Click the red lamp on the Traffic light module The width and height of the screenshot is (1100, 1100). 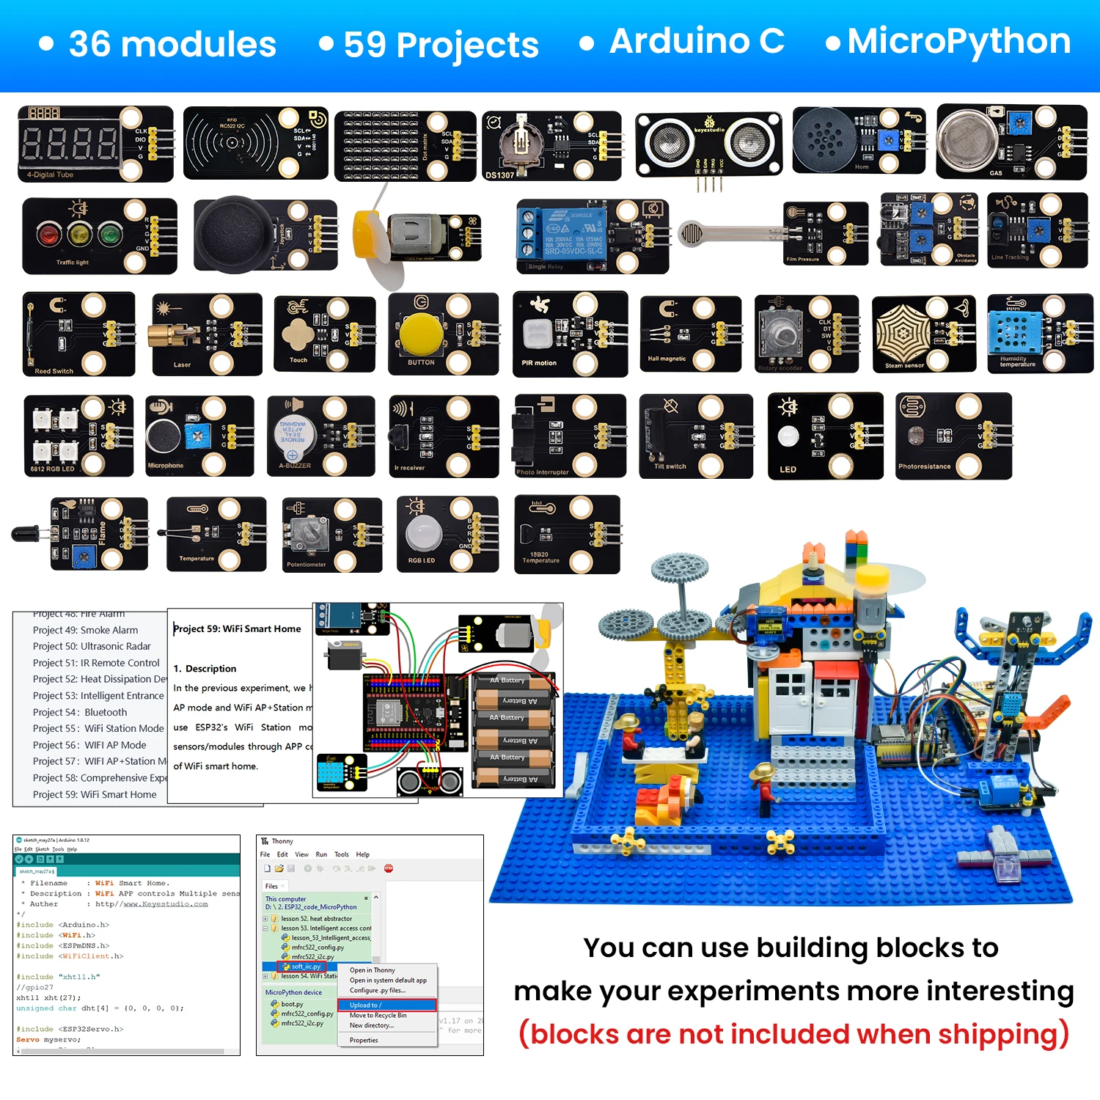click(x=49, y=235)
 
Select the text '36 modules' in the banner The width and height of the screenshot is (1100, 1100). click(x=172, y=45)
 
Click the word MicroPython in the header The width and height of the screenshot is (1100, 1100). click(x=958, y=42)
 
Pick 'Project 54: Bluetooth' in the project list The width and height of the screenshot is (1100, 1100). click(x=80, y=712)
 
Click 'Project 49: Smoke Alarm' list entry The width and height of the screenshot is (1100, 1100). click(x=85, y=630)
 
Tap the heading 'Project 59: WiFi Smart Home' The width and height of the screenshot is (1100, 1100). click(x=237, y=628)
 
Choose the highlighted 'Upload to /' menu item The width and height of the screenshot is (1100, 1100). click(x=366, y=1005)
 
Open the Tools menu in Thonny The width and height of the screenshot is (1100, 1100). click(x=342, y=854)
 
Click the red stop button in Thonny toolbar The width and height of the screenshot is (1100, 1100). click(x=389, y=868)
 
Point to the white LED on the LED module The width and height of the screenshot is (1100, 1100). click(x=788, y=436)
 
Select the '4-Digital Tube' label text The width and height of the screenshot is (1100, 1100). click(x=50, y=175)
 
